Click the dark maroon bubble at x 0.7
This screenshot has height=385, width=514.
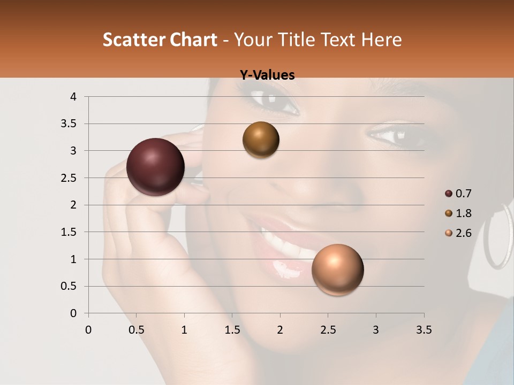(156, 167)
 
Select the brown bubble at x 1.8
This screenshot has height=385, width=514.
(261, 140)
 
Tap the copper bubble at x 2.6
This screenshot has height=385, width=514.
(337, 269)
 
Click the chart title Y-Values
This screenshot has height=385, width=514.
(267, 75)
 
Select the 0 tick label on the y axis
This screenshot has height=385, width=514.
(73, 313)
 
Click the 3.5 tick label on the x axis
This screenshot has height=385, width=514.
(424, 330)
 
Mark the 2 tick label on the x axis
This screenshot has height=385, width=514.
(280, 330)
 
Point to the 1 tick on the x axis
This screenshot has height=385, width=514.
(184, 330)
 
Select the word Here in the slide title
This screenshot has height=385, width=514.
(381, 40)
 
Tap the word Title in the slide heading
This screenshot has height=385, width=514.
(293, 40)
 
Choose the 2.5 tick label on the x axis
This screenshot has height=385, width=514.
(328, 330)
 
